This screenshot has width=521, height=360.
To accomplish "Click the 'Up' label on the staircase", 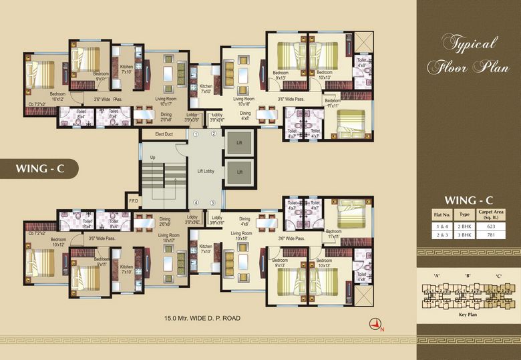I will click(x=153, y=158).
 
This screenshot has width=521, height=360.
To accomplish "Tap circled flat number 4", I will click(x=196, y=202).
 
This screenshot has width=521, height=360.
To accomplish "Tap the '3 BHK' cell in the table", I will click(x=464, y=236).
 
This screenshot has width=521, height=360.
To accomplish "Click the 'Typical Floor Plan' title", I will click(x=469, y=55).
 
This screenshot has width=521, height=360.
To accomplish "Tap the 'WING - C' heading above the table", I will click(x=468, y=200).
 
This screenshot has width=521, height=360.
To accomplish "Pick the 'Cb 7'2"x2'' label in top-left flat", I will click(x=37, y=104).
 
